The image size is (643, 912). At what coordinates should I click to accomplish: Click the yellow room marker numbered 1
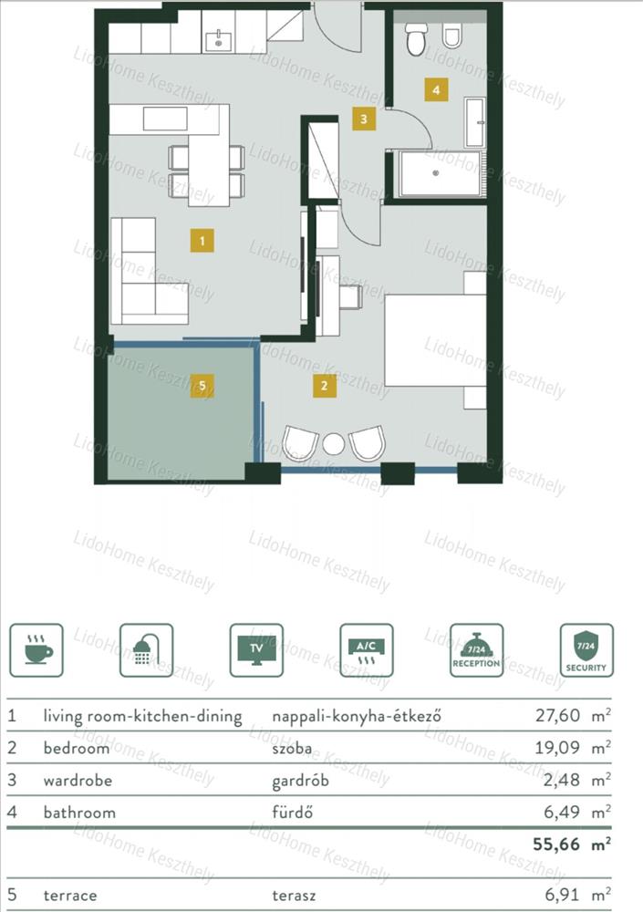202,240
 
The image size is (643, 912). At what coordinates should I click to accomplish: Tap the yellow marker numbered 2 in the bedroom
324,385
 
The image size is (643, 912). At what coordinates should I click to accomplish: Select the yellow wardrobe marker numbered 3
364,119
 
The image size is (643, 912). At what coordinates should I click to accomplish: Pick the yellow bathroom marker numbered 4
436,89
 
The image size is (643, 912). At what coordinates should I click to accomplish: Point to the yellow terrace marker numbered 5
202,386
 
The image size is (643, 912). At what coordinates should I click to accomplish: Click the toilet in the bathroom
416,38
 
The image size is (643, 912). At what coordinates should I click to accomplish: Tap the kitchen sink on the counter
219,41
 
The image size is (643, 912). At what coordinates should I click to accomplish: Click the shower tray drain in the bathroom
435,172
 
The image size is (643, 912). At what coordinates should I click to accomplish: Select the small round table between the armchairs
334,444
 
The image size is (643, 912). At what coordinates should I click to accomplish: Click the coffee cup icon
36,650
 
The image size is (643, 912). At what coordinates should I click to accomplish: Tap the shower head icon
146,650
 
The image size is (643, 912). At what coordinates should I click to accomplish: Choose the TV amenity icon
256,650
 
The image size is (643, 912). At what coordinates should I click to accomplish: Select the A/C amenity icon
366,650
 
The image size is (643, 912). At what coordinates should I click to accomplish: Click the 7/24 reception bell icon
477,650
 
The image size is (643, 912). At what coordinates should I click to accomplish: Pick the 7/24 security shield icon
586,650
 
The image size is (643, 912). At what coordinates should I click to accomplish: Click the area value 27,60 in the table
557,715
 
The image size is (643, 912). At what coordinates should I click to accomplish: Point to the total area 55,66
555,844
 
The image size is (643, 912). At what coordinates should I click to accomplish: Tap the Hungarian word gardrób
300,781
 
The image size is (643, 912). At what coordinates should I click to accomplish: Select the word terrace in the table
70,896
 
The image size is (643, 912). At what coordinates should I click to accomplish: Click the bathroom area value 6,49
562,812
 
